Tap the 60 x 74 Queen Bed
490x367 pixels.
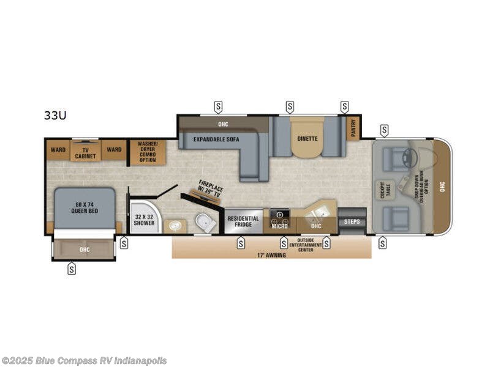pyautogui.click(x=85, y=208)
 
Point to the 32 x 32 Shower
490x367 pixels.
pyautogui.click(x=145, y=219)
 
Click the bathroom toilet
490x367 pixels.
pyautogui.click(x=203, y=223)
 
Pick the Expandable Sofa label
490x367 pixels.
pyautogui.click(x=216, y=139)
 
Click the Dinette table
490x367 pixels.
pyautogui.click(x=307, y=139)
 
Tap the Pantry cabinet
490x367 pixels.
pyautogui.click(x=353, y=128)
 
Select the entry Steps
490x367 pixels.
pyautogui.click(x=352, y=221)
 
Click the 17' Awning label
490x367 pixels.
pyautogui.click(x=271, y=254)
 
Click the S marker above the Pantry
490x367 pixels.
pyautogui.click(x=344, y=107)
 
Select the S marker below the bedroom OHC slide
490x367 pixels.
pyautogui.click(x=72, y=268)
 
